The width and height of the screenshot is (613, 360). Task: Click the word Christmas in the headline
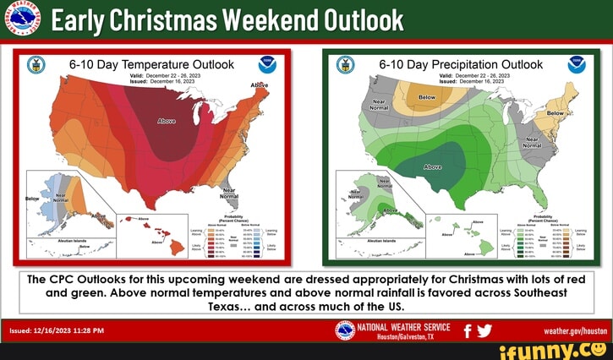click(169, 19)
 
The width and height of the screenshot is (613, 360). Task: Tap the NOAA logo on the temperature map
click(266, 65)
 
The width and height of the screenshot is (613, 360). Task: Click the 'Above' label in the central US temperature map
click(167, 122)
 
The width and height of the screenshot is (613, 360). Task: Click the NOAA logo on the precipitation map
click(576, 65)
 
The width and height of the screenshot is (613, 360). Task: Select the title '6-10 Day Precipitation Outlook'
click(461, 64)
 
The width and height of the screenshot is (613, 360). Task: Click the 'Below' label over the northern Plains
click(428, 97)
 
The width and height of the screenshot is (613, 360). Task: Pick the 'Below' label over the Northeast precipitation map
click(556, 112)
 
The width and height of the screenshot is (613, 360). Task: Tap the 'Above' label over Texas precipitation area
click(444, 166)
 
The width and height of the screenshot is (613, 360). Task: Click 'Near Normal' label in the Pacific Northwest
click(378, 105)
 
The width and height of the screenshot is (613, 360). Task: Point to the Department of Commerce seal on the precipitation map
click(347, 65)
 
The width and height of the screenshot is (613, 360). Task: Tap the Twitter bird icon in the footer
click(484, 330)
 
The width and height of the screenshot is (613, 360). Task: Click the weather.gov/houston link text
click(576, 331)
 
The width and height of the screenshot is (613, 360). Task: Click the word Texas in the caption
click(225, 306)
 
